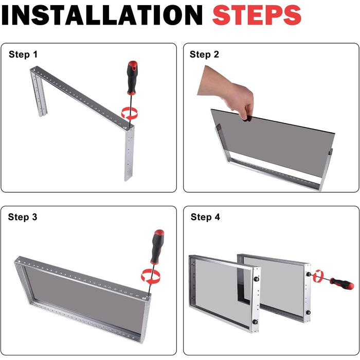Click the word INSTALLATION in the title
(102, 15)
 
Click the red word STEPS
(257, 15)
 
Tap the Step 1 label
(23, 55)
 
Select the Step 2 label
(204, 55)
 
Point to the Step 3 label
(23, 217)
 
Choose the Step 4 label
(205, 217)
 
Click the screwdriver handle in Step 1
(132, 78)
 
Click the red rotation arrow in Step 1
(130, 113)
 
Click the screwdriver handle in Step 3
(157, 246)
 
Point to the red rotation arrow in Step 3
(151, 277)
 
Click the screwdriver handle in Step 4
(342, 283)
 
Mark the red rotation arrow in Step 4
(318, 276)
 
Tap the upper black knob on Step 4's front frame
(256, 279)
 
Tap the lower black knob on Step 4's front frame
(256, 321)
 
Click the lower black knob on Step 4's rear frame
(308, 313)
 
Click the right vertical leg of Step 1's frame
(129, 154)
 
